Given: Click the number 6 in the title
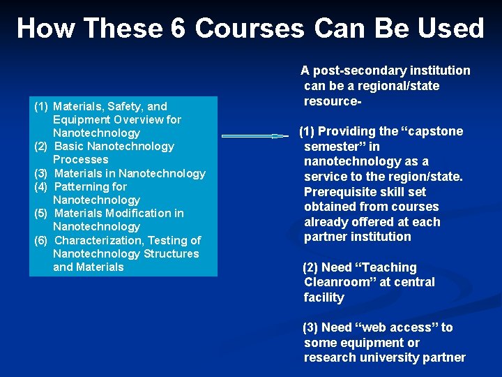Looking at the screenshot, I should pyautogui.click(x=176, y=29).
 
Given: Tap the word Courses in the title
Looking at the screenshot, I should pyautogui.click(x=250, y=29).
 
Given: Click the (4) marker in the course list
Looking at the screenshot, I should pyautogui.click(x=41, y=187).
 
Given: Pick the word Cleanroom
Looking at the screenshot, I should pyautogui.click(x=335, y=282).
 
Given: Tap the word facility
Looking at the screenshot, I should pyautogui.click(x=324, y=297).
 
